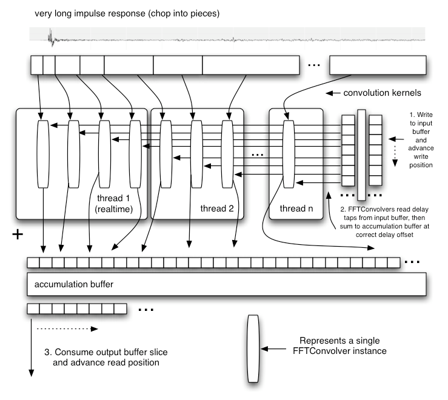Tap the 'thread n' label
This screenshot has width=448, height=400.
pyautogui.click(x=295, y=208)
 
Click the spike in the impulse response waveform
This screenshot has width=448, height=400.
pyautogui.click(x=51, y=40)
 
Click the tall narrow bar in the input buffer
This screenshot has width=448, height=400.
pyautogui.click(x=361, y=155)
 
